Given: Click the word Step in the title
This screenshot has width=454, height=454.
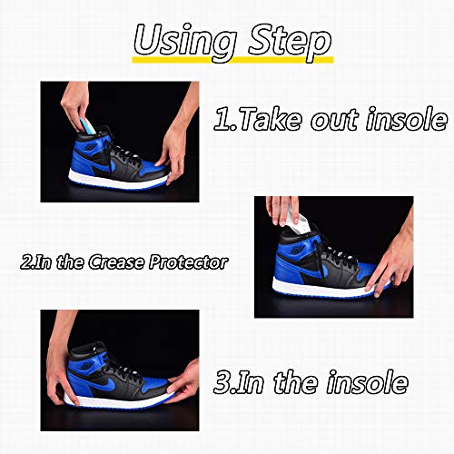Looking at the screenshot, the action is tap(290, 43).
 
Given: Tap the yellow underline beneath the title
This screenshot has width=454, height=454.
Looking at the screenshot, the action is tap(232, 60).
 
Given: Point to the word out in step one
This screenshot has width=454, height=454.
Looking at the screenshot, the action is tap(335, 121).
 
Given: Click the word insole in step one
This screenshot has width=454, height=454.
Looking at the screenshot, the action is tap(407, 119).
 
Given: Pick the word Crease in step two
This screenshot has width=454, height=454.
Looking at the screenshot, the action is tap(116, 262).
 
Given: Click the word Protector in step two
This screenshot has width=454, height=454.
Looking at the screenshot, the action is tap(188, 262).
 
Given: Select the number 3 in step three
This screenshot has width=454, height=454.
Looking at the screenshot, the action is tap(223, 382).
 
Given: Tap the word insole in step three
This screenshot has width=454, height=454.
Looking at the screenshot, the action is tap(367, 382).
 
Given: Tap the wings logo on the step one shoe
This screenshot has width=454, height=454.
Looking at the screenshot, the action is tap(91, 147).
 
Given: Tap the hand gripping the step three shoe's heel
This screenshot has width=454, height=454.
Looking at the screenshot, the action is tap(61, 374).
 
